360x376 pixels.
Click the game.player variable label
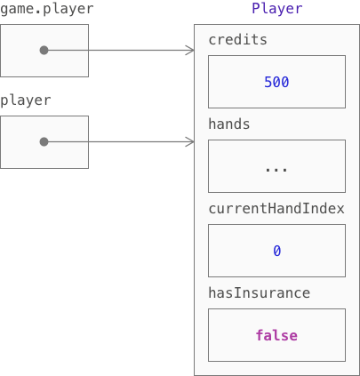click(47, 9)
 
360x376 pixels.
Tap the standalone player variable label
click(26, 100)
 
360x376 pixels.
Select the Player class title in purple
click(277, 9)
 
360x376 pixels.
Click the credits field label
click(237, 40)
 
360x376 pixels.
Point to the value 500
click(276, 82)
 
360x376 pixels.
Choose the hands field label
click(229, 124)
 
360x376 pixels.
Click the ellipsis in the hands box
click(276, 170)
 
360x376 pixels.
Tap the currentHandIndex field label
click(276, 209)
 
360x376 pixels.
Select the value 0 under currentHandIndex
click(277, 251)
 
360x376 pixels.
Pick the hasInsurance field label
click(260, 293)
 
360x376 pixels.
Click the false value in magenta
click(276, 335)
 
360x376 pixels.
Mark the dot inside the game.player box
click(44, 51)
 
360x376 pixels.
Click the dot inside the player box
click(44, 142)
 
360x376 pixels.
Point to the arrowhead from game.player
click(190, 51)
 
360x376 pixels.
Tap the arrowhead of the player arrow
click(190, 142)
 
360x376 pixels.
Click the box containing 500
click(276, 82)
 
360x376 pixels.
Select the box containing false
click(276, 335)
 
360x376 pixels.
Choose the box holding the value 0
click(276, 251)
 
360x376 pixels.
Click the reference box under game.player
click(44, 51)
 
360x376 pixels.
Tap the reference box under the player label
click(44, 142)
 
